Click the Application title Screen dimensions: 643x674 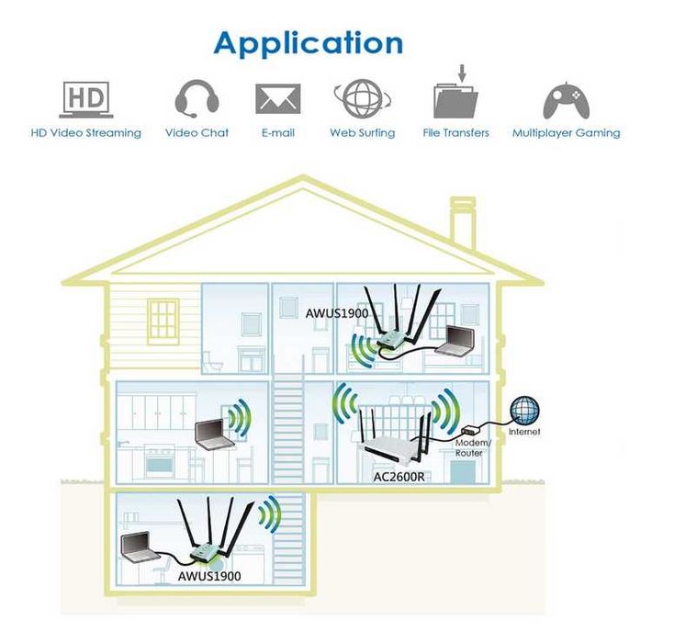pyautogui.click(x=308, y=42)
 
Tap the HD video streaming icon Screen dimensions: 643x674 pyautogui.click(x=85, y=98)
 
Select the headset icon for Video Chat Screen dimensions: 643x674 pyautogui.click(x=196, y=97)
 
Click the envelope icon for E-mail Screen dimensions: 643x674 pyautogui.click(x=277, y=98)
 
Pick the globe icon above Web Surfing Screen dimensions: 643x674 pyautogui.click(x=362, y=97)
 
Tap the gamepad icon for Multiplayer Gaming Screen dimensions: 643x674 pyautogui.click(x=566, y=99)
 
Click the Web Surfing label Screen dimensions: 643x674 pyautogui.click(x=362, y=133)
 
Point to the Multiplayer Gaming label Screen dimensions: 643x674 pyautogui.click(x=566, y=133)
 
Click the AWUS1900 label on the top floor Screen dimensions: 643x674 pyautogui.click(x=337, y=313)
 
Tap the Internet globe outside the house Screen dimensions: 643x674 pyautogui.click(x=525, y=410)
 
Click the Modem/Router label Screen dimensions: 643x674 pyautogui.click(x=474, y=447)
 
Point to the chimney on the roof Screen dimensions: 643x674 pyautogui.click(x=462, y=220)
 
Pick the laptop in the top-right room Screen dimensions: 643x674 pyautogui.click(x=455, y=341)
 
